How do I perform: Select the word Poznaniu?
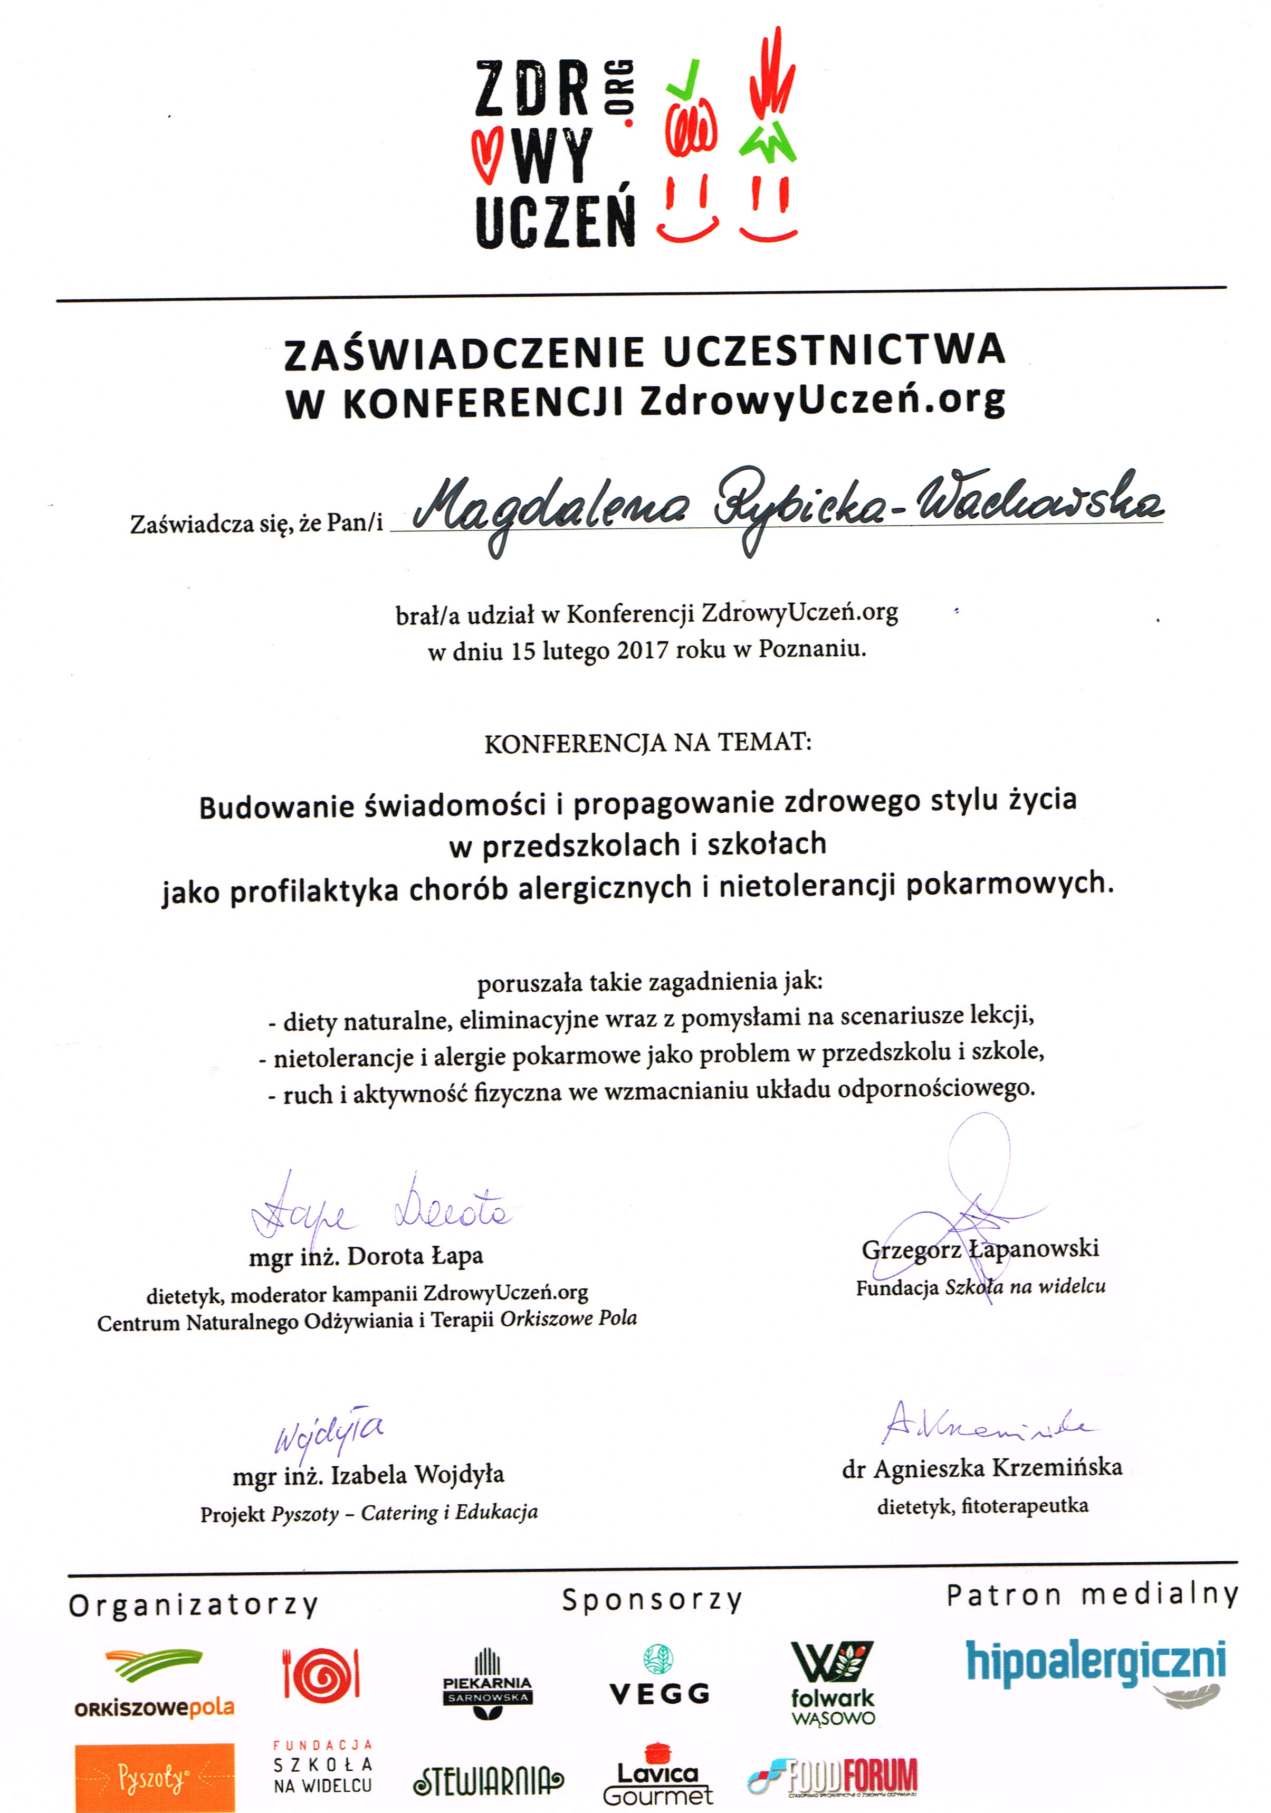click(811, 649)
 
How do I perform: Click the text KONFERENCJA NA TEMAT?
click(647, 743)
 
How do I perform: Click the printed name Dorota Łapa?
click(415, 1256)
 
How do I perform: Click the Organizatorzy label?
click(194, 1606)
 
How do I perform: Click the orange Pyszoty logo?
click(155, 1778)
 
